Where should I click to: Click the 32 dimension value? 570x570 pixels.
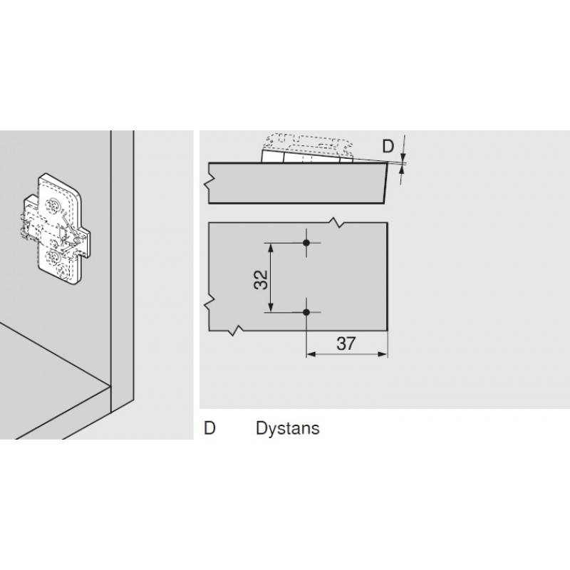[x=261, y=277]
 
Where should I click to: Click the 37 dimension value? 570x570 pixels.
[x=346, y=343]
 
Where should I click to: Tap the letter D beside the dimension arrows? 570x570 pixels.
[x=388, y=147]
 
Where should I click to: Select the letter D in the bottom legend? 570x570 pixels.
[x=209, y=428]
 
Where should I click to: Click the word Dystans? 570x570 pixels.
[x=287, y=428]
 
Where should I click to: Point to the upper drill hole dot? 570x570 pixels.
[x=306, y=243]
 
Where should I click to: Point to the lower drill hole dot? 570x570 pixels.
[x=306, y=312]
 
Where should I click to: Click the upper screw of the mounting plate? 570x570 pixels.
[x=56, y=205]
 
